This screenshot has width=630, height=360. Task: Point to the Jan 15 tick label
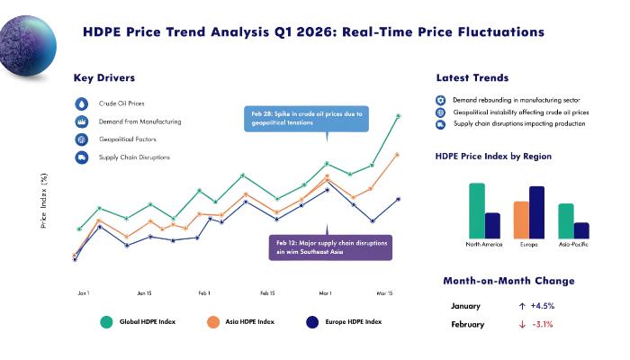(144, 293)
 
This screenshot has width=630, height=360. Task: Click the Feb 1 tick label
(204, 293)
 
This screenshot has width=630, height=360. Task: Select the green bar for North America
(476, 210)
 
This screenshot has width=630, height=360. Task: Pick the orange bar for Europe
(521, 219)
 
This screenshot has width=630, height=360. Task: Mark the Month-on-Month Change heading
(508, 282)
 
